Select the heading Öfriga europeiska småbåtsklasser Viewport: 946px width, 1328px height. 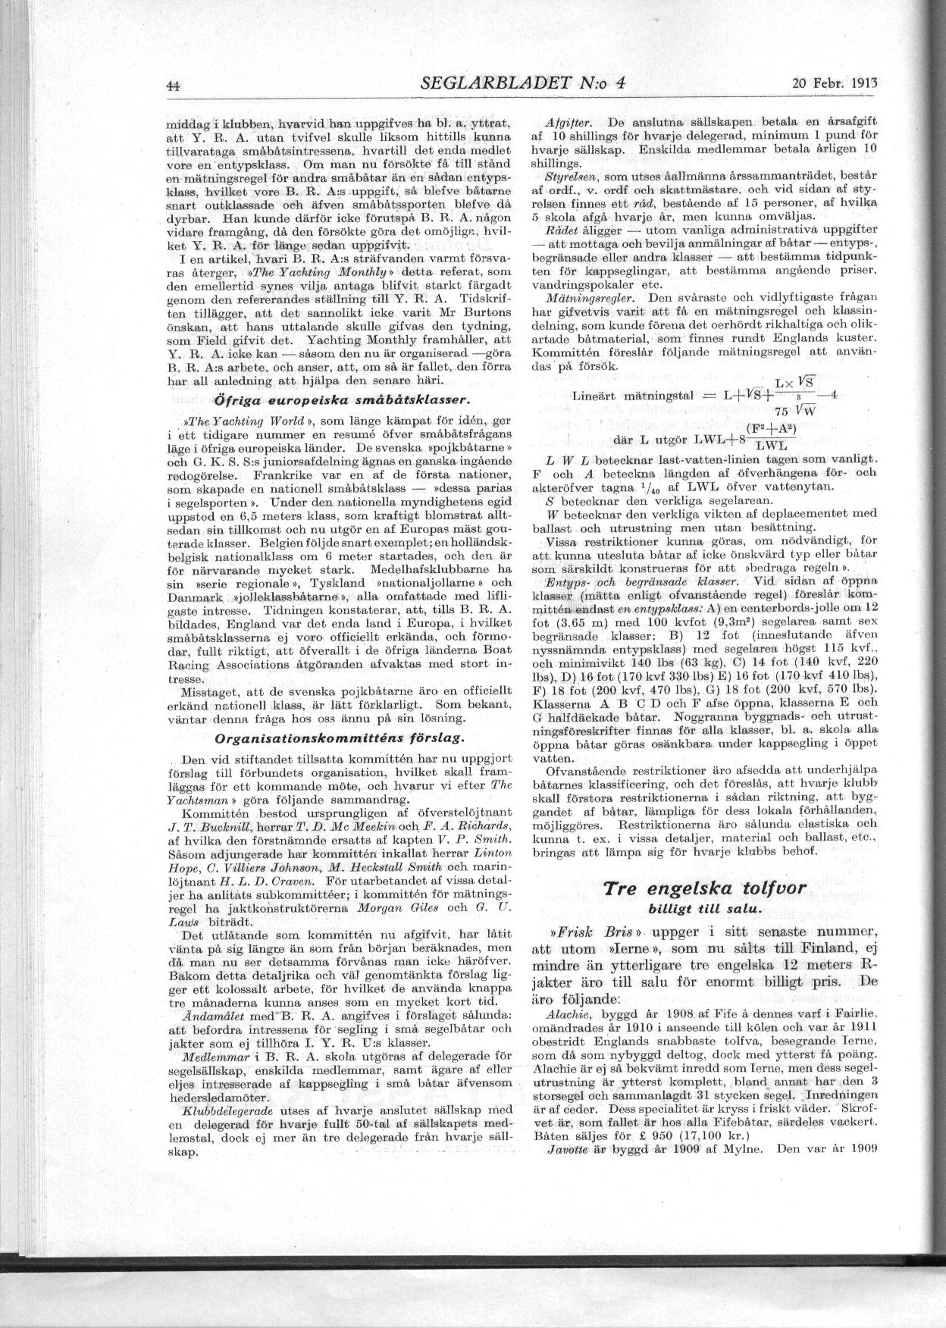(343, 400)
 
